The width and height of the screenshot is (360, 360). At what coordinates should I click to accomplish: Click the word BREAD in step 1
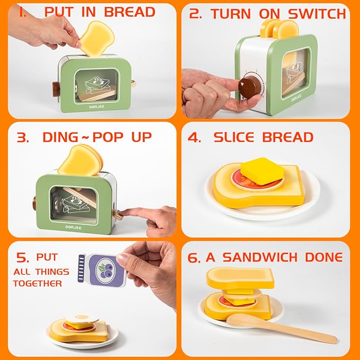pos(129,12)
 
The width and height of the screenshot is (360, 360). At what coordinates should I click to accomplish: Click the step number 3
pos(22,137)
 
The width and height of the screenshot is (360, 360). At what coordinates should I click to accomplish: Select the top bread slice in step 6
pos(240,278)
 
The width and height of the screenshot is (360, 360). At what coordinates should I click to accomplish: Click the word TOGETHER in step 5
pos(37,283)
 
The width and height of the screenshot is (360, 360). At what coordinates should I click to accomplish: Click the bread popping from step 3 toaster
pos(81,160)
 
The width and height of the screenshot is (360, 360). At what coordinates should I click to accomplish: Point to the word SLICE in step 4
pos(236,137)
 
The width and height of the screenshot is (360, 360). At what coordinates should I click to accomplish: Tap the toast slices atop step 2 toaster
pos(278,27)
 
